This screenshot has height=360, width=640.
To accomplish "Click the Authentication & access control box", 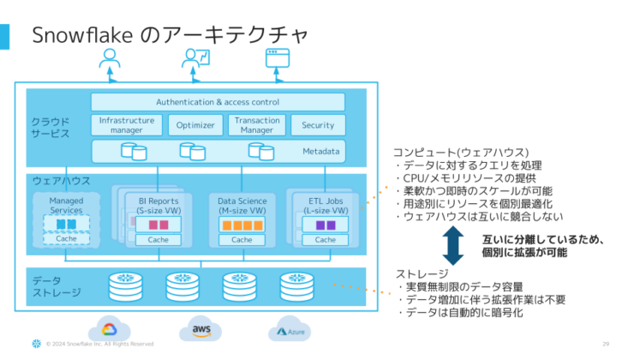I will point(217,102).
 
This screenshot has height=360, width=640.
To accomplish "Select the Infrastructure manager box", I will point(126,125).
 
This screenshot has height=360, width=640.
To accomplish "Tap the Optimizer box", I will point(194,125).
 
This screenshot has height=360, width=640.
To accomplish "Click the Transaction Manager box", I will point(256,125).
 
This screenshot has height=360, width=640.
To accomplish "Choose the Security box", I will point(318,125).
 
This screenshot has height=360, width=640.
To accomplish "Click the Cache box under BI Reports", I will point(159,240).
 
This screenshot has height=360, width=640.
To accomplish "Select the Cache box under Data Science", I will point(242,240).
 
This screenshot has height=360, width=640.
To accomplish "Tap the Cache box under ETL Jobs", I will point(326,240).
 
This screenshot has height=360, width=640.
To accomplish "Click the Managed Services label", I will point(66,205).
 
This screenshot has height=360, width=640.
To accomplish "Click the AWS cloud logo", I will point(202,329).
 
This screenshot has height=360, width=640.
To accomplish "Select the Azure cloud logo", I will point(292,330).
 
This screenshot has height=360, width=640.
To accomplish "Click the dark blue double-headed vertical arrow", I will point(452,245).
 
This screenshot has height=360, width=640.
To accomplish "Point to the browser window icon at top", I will point(273,58).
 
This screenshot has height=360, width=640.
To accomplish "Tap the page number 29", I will point(607,344).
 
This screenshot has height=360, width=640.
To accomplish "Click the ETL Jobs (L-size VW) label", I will point(326,205).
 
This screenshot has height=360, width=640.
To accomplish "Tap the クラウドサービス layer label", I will point(51,129).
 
